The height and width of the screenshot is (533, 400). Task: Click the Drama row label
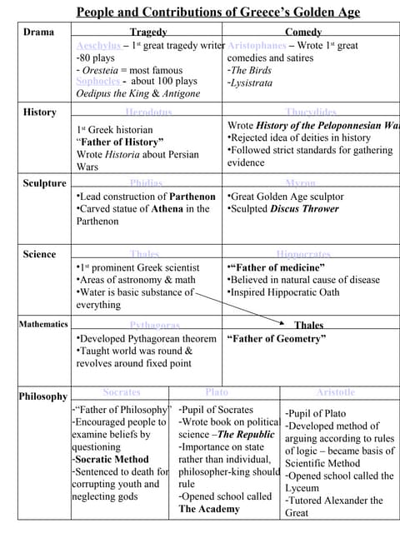pos(38,32)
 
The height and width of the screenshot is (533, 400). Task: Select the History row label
pos(40,112)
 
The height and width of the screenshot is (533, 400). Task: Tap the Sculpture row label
pos(44,183)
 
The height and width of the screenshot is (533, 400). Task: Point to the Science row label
pos(40,254)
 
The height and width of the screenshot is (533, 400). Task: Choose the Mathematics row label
pos(43,324)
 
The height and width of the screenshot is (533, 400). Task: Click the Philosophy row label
pos(43,396)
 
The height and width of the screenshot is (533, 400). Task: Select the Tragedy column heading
pos(148,32)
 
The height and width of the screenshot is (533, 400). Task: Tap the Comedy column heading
pos(303,32)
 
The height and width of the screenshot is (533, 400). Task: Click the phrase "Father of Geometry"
pos(277,339)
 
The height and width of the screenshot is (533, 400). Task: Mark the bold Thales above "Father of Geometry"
pos(308,326)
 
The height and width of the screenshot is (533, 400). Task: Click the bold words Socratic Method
pos(112,459)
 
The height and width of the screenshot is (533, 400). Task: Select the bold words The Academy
pos(209,509)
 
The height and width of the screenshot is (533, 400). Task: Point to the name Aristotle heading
pos(335,391)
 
